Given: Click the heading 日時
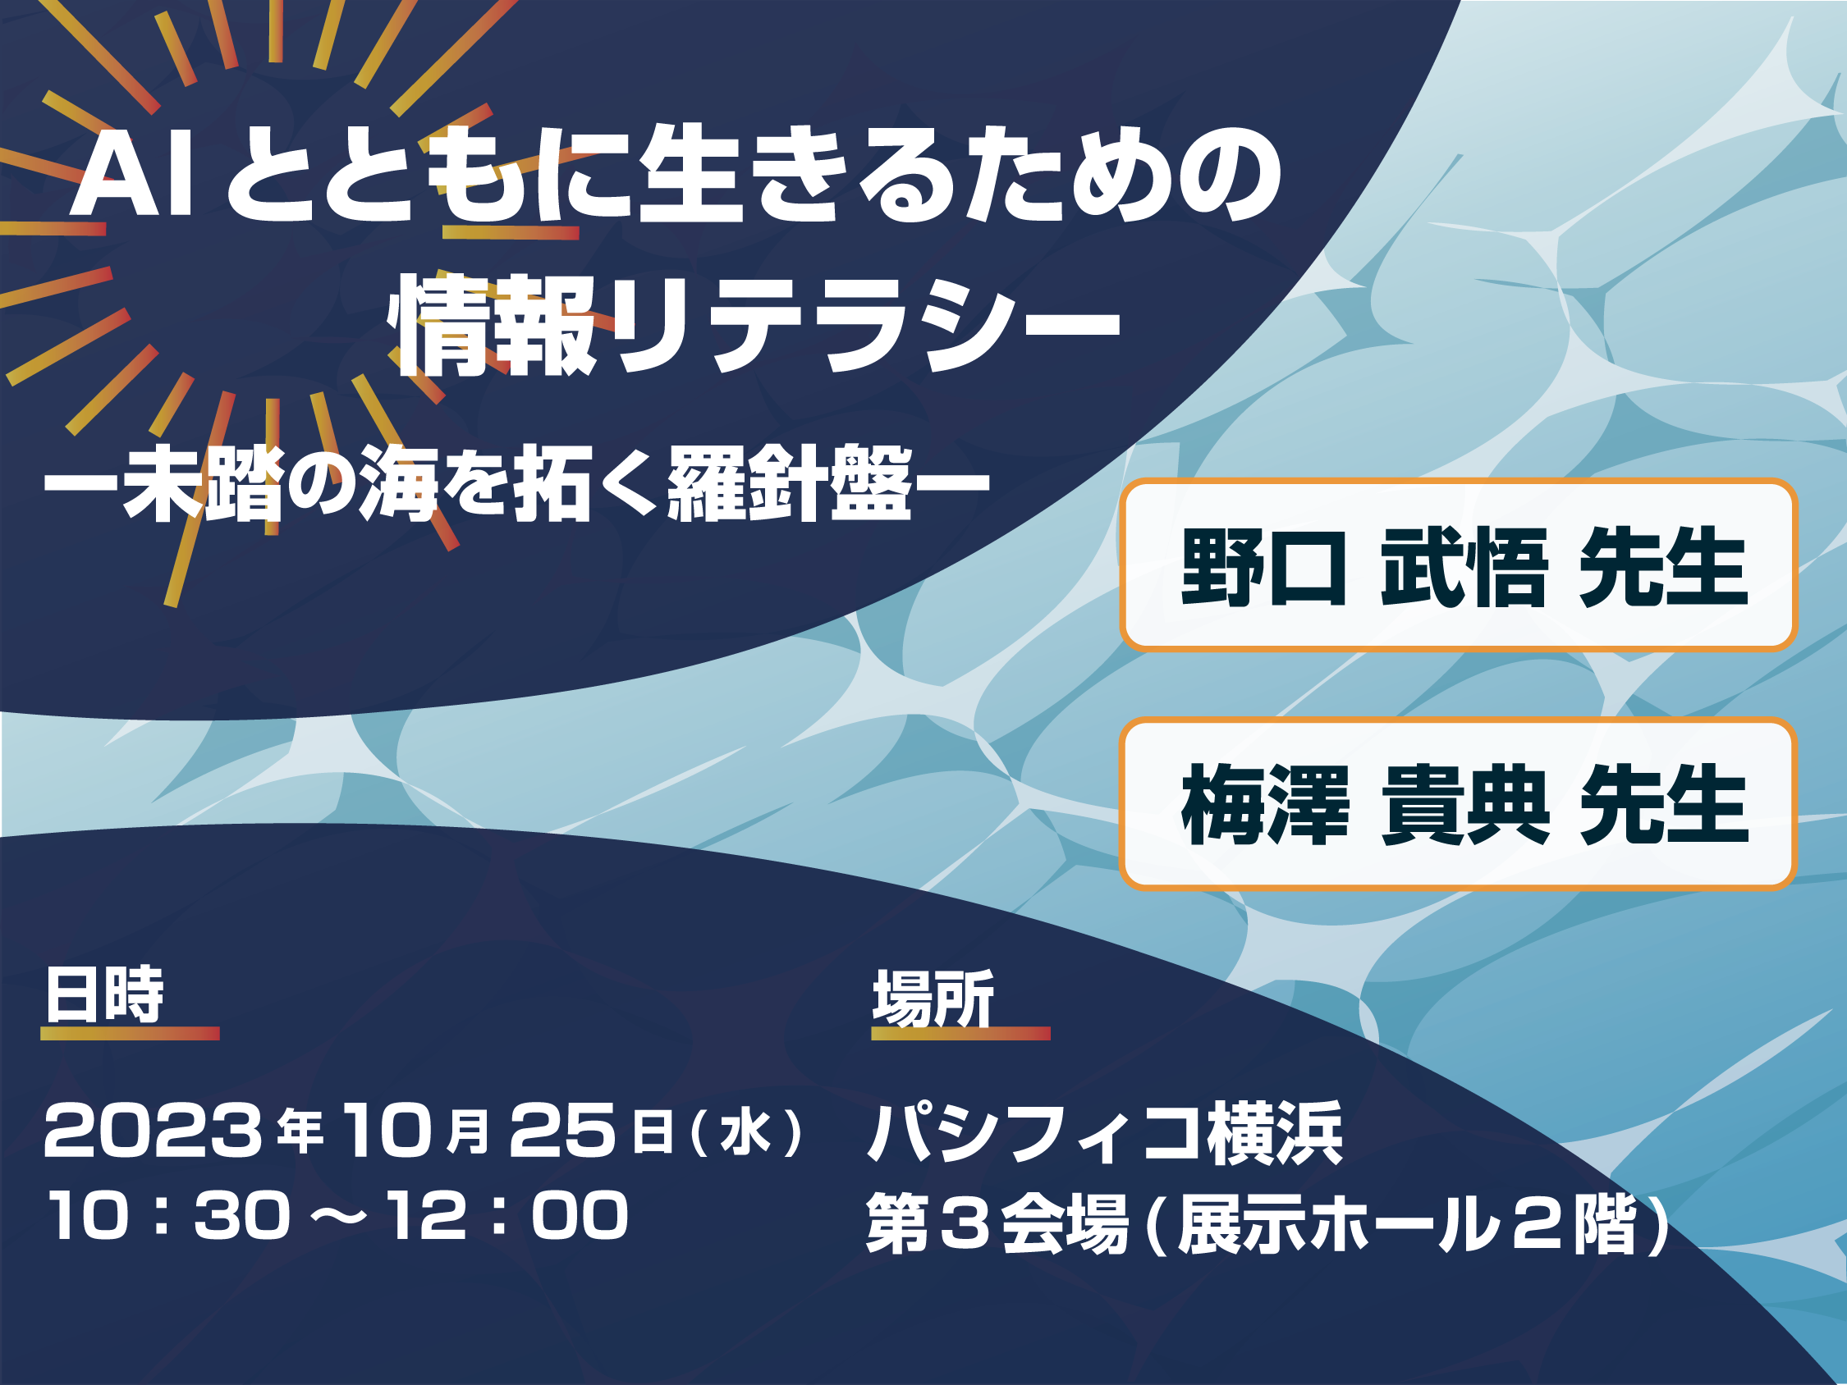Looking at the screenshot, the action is click(105, 994).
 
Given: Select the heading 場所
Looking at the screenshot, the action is click(933, 998).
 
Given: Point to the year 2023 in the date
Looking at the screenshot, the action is click(153, 1131).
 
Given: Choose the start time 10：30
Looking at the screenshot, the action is click(169, 1215).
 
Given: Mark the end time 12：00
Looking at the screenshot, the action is click(508, 1215).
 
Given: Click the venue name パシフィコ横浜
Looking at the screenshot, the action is click(1106, 1133).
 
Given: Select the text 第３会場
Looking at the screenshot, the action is click(998, 1224).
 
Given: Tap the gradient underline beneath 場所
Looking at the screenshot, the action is click(960, 1034).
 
